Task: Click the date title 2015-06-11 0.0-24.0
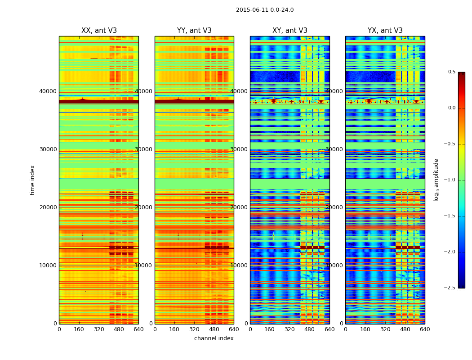265,10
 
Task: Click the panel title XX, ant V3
99,31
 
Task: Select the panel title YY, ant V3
194,31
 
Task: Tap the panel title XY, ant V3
290,31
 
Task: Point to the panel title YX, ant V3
385,31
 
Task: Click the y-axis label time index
32,180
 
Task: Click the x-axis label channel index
214,338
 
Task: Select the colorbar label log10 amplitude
436,180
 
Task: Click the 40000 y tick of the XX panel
48,91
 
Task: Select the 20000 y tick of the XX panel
48,207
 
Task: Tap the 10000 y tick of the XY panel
239,265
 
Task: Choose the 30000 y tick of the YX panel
334,149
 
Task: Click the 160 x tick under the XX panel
79,329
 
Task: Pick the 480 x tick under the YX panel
405,329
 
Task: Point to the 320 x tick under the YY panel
194,329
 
